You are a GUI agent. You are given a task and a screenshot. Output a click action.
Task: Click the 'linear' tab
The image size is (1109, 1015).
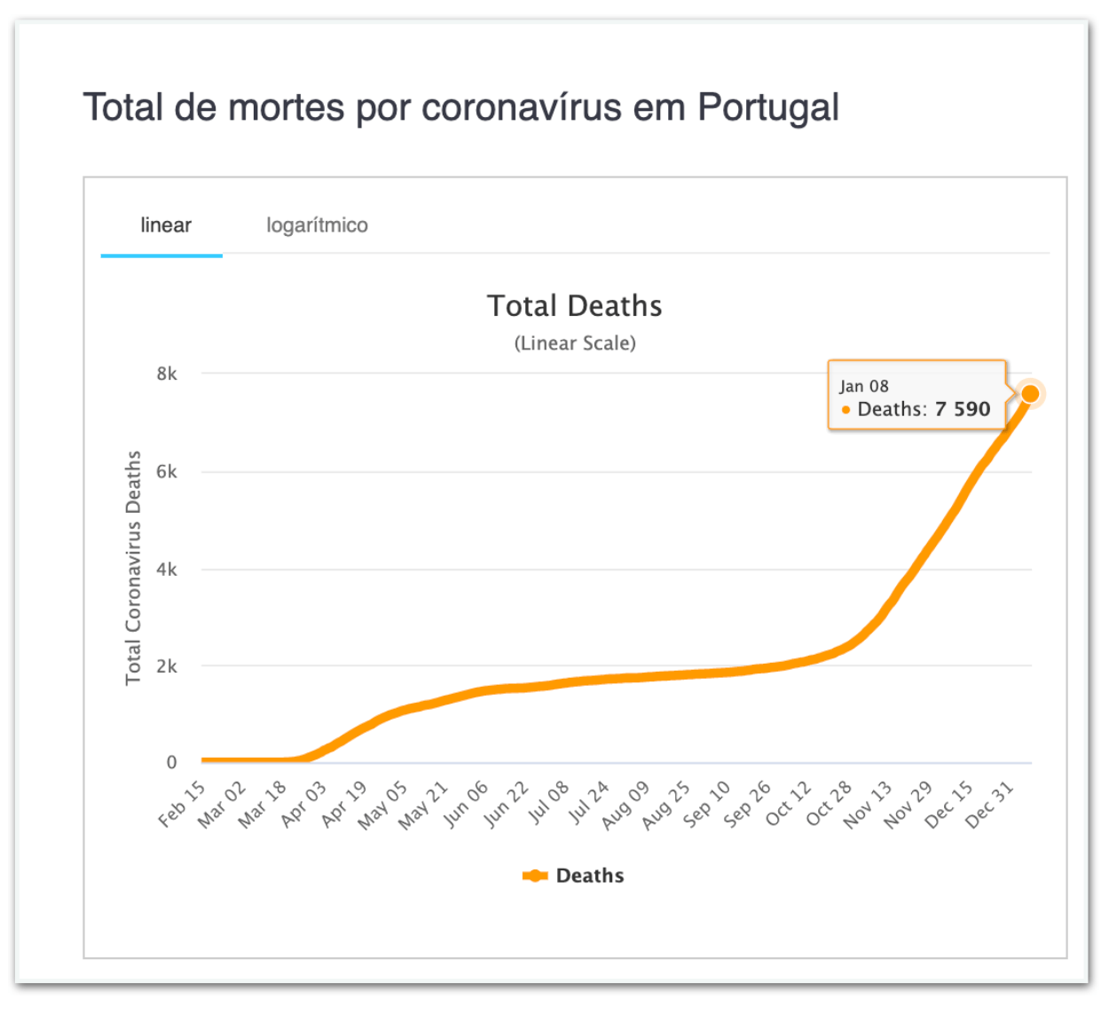pyautogui.click(x=166, y=225)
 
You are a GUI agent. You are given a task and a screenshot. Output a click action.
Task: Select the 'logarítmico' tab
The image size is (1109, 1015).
pyautogui.click(x=317, y=225)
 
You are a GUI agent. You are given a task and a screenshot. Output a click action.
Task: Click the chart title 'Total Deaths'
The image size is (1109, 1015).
pyautogui.click(x=574, y=306)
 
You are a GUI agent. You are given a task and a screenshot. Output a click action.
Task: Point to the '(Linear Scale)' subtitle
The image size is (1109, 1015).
pyautogui.click(x=575, y=343)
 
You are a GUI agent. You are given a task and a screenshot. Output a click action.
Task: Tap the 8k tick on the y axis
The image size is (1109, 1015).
pyautogui.click(x=167, y=374)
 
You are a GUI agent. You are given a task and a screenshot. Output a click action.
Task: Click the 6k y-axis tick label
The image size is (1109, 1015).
pyautogui.click(x=167, y=472)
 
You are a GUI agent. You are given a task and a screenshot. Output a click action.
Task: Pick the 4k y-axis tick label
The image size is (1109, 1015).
pyautogui.click(x=167, y=570)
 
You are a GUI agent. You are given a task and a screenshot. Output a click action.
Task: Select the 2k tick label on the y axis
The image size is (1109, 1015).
pyautogui.click(x=167, y=666)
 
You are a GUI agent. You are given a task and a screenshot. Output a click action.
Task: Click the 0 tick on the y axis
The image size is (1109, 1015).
pyautogui.click(x=171, y=762)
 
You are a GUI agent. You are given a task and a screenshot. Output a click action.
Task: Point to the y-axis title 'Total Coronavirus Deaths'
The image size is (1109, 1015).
pyautogui.click(x=133, y=568)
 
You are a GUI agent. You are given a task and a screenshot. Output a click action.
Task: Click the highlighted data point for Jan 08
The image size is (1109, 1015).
pyautogui.click(x=1030, y=394)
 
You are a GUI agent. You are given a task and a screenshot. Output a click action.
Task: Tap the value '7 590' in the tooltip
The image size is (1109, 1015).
pyautogui.click(x=963, y=409)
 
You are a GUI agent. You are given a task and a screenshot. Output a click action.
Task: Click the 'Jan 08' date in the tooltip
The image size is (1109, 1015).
pyautogui.click(x=864, y=386)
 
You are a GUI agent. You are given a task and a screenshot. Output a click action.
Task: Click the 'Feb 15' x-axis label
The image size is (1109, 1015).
pyautogui.click(x=183, y=804)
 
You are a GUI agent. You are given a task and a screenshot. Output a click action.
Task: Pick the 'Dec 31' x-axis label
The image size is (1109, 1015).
pyautogui.click(x=989, y=805)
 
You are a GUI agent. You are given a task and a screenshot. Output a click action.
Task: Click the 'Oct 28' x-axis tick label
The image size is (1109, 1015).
pyautogui.click(x=829, y=804)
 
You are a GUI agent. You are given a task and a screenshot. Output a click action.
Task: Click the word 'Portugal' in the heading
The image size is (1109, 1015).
pyautogui.click(x=767, y=108)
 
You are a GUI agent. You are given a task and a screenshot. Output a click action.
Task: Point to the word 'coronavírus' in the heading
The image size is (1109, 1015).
pyautogui.click(x=521, y=108)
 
